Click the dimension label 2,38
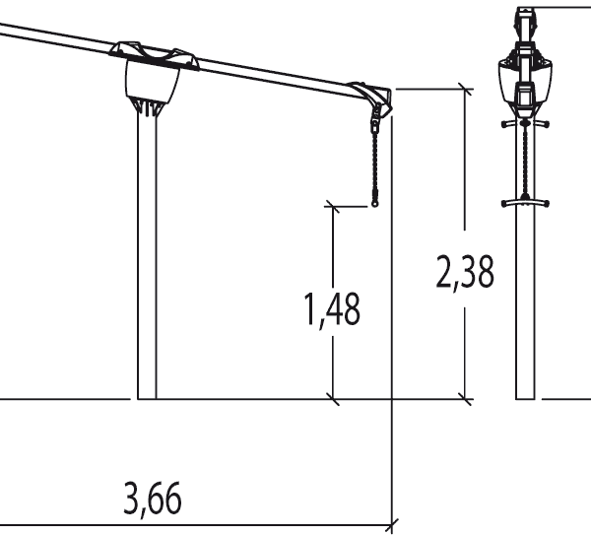click(x=464, y=273)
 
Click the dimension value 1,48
click(x=331, y=309)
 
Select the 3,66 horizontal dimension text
click(x=153, y=500)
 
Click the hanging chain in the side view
click(x=375, y=163)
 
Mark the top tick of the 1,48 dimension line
click(x=335, y=206)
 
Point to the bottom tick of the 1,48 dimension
click(x=335, y=399)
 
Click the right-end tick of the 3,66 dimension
click(x=393, y=522)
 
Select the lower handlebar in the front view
click(x=526, y=203)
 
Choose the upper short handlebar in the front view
click(x=526, y=124)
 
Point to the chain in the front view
click(x=527, y=163)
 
